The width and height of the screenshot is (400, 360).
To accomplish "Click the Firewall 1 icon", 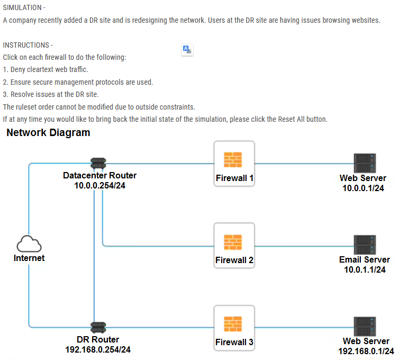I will point(233,160).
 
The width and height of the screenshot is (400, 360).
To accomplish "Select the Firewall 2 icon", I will point(233,242).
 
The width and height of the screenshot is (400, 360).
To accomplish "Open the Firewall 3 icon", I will point(233,325).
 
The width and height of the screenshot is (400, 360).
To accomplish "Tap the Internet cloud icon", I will point(29,244).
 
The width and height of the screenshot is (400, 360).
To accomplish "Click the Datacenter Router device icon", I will point(98,163).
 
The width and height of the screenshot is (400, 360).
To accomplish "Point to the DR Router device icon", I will point(98,327).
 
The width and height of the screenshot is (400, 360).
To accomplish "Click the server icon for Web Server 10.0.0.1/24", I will point(365,163).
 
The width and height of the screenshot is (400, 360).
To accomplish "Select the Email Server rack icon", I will point(365,245).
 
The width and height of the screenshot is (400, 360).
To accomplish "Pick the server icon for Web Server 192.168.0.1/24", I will point(365,326).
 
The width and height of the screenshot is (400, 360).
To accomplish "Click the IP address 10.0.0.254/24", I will point(99,185).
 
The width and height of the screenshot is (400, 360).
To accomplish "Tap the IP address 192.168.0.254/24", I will point(98,349).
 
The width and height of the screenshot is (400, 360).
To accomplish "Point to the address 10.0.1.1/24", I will point(365,269).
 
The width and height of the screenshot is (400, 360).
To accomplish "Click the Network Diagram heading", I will point(48,133).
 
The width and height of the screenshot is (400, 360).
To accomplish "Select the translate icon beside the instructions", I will point(187,50).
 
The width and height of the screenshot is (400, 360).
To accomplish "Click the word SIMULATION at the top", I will point(22,7).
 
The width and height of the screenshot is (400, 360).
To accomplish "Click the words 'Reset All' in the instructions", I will point(292,119).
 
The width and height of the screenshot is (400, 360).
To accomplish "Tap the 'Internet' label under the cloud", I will point(29,258).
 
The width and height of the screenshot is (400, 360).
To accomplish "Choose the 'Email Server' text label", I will point(365,260).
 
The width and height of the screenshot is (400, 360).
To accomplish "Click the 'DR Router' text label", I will point(98,339).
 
